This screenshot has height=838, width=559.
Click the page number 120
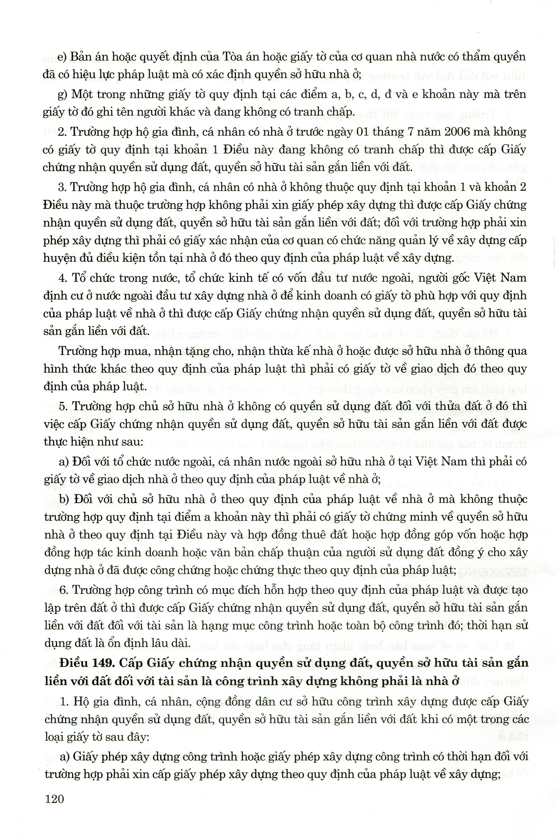pos(54,799)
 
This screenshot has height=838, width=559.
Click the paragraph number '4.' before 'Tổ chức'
pos(63,278)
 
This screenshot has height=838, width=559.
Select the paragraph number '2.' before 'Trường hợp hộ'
pos(63,132)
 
